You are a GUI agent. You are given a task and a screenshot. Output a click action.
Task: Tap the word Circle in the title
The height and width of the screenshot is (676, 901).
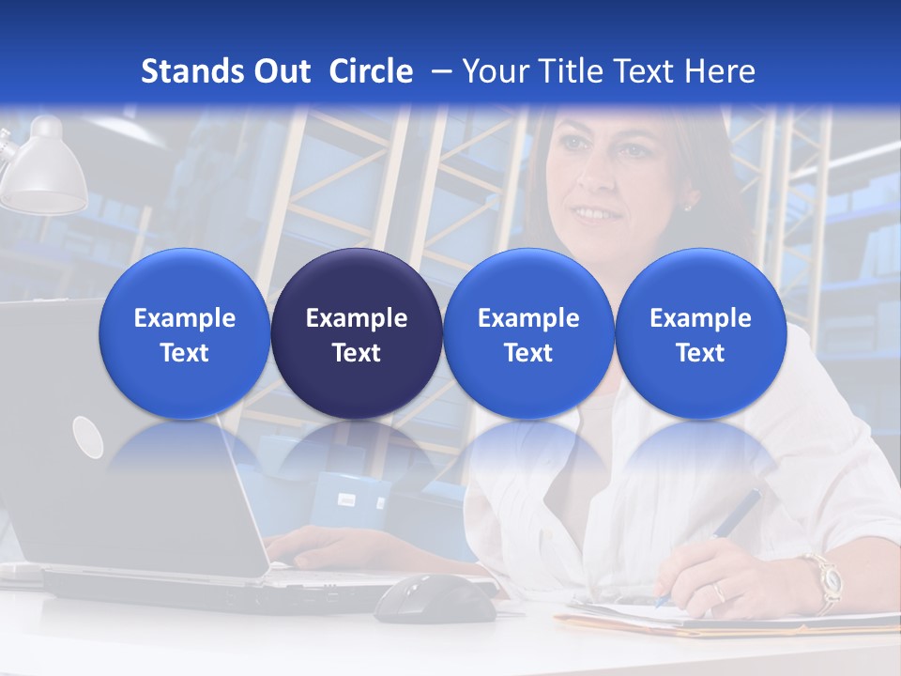tap(371, 71)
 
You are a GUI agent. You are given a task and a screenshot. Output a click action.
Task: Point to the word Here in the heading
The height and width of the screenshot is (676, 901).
tap(720, 71)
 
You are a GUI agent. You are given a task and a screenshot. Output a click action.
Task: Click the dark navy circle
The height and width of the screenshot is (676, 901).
tap(357, 334)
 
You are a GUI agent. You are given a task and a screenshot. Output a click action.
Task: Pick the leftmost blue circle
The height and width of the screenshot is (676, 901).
tap(184, 334)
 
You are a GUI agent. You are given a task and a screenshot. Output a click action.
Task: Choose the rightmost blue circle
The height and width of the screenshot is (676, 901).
tap(700, 334)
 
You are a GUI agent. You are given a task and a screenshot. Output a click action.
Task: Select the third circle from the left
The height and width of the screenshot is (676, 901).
tap(528, 334)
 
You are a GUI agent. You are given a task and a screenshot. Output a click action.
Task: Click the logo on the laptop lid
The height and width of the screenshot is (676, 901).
tap(87, 437)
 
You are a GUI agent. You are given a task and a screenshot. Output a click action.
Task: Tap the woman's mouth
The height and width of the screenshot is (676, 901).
tap(593, 215)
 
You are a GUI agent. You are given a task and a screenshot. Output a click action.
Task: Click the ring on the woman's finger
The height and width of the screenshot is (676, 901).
tap(719, 592)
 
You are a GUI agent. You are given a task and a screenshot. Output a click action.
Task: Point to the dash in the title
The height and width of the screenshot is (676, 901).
tap(442, 71)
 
